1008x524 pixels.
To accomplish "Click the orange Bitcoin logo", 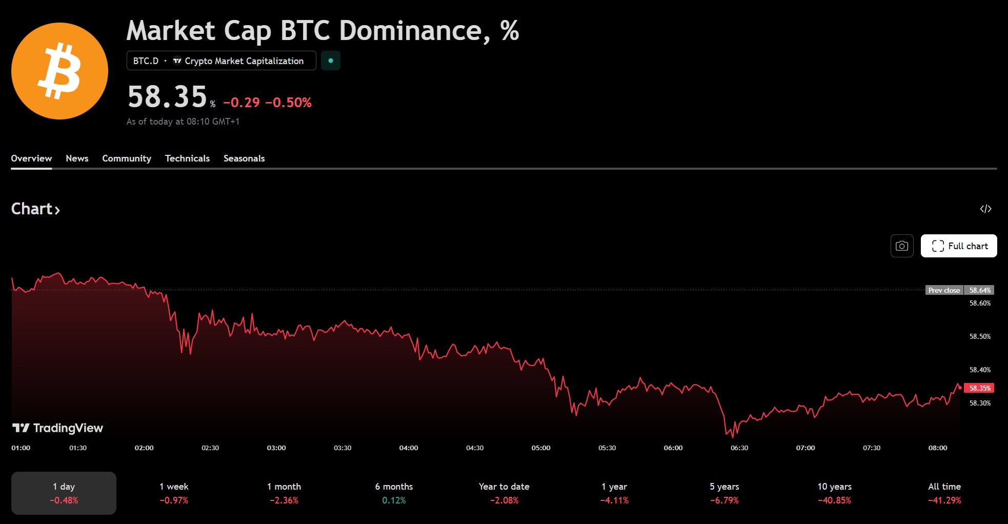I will click(x=59, y=71).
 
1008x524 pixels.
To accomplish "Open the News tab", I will click(x=77, y=158).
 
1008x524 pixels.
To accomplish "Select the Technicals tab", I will click(x=187, y=158).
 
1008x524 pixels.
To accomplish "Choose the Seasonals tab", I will click(x=244, y=158).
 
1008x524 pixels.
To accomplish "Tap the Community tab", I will click(x=127, y=158).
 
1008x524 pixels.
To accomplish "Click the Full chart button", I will click(x=958, y=246).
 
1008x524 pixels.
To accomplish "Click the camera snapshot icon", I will click(x=901, y=246).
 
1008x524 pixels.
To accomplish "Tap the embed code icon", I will click(x=985, y=209).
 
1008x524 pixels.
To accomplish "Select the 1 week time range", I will click(x=174, y=493).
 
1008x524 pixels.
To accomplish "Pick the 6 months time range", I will click(x=394, y=493).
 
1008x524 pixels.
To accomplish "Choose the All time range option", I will click(x=944, y=493).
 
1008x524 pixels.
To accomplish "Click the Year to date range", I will click(x=504, y=493).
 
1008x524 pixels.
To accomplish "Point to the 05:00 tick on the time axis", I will click(x=541, y=448).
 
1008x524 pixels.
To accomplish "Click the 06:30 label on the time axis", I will click(x=739, y=448).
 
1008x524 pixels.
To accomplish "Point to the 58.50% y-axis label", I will click(x=980, y=336).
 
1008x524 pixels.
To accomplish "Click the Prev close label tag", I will click(x=944, y=290).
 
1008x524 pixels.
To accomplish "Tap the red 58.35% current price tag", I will click(x=979, y=388).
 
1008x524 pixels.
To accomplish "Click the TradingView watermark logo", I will click(x=57, y=428).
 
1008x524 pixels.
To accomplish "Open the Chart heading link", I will click(x=35, y=209).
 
